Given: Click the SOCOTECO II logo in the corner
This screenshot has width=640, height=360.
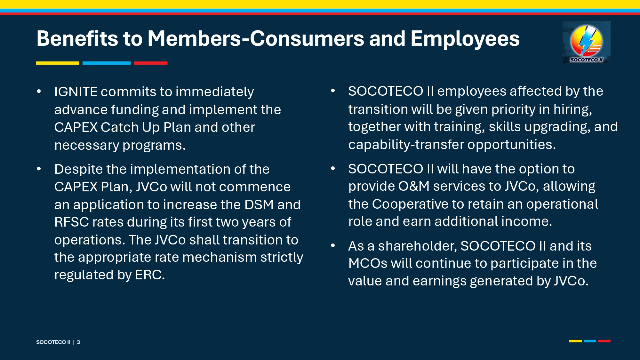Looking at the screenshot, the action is pos(586,42).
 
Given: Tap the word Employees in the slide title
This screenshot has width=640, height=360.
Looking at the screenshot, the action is pos(465,39).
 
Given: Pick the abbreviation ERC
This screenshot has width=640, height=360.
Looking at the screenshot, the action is pos(150,275).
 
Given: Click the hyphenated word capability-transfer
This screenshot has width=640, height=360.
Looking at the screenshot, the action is pos(406,145).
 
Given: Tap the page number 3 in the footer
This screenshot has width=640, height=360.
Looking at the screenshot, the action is pos(78,342).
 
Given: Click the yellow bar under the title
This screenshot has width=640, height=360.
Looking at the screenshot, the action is pos(58,63).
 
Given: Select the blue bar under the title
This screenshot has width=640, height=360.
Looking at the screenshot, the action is pos(107,63).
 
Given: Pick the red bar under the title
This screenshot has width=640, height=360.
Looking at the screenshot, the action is pos(151,63).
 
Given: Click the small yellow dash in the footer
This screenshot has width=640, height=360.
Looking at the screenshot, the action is pos(575,341).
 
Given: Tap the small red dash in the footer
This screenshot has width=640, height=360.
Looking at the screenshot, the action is pos(604,341).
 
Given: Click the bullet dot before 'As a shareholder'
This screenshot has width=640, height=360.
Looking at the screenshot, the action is pos(333,246).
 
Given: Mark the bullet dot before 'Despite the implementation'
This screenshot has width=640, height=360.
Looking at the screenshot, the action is pos(39,169).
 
